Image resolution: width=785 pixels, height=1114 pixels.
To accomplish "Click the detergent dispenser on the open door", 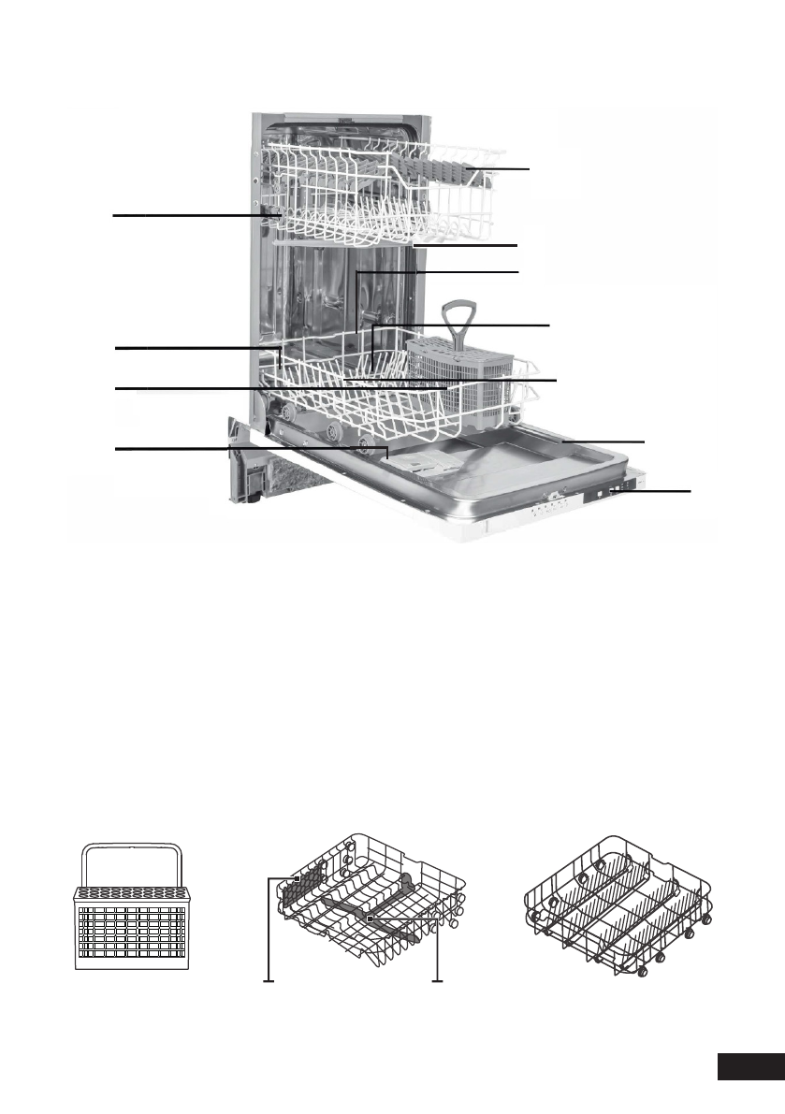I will (x=417, y=461).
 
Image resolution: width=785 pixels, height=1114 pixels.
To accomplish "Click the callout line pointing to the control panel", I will (x=655, y=490).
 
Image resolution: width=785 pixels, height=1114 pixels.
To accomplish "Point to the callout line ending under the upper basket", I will (x=468, y=245).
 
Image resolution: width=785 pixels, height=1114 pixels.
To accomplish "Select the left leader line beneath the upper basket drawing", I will (x=269, y=935).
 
